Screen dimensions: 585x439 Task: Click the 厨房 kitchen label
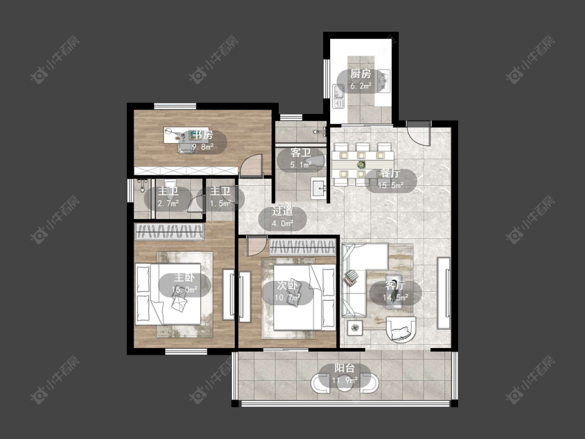(x=360, y=74)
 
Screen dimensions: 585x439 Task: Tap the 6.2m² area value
(x=360, y=86)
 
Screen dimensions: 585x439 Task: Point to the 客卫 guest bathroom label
(x=301, y=153)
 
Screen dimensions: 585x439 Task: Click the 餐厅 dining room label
(x=390, y=173)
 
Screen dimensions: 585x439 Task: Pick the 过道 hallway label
(x=282, y=211)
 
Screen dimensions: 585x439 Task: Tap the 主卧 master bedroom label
(x=184, y=278)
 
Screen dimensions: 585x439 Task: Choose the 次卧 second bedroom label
(x=287, y=286)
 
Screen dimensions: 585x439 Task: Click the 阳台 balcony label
(x=344, y=368)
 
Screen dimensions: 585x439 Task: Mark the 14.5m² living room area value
(x=396, y=298)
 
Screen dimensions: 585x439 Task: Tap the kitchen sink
(x=339, y=96)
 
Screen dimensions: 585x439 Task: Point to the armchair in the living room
(x=401, y=329)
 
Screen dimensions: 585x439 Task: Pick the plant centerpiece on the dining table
(x=361, y=164)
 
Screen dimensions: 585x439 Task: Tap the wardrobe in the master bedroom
(x=170, y=231)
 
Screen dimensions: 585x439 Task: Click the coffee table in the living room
(x=394, y=292)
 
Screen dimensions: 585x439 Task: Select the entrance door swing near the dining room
(x=419, y=134)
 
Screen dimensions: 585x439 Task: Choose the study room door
(x=251, y=165)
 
